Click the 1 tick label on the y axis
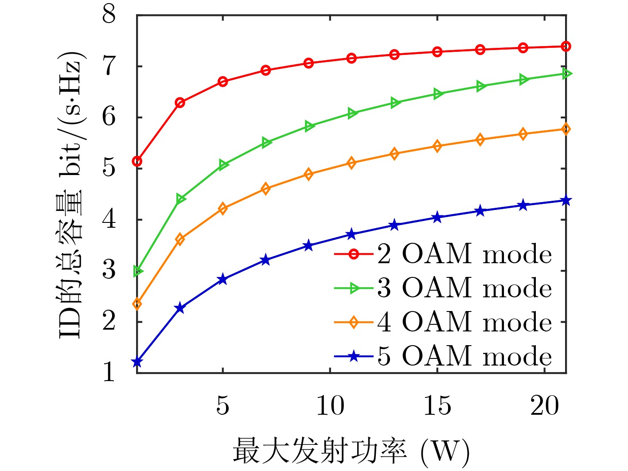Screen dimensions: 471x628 109,372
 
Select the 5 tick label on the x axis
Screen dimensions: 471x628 222,405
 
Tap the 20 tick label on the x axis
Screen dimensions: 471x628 544,405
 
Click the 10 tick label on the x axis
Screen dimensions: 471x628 330,405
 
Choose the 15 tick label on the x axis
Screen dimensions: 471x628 437,405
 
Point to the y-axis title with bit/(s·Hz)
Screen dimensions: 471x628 71,195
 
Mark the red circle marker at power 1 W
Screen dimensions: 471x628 137,161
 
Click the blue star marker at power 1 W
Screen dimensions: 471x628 137,362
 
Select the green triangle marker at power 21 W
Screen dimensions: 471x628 566,74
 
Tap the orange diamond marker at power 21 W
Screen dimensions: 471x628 566,129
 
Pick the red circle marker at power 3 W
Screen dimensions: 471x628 180,103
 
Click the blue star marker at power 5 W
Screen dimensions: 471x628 222,280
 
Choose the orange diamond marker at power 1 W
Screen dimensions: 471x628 137,304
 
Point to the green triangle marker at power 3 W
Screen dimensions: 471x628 180,199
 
